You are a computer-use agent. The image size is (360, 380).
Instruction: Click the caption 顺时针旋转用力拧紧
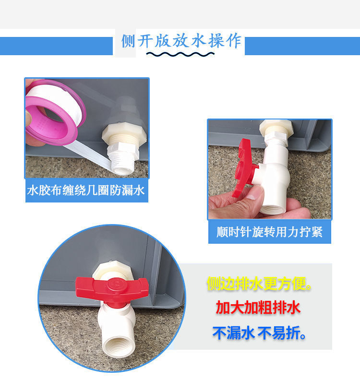point(269,232)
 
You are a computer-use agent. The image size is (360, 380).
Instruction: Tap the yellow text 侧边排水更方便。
point(259,285)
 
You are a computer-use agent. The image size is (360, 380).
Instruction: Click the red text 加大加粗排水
point(259,308)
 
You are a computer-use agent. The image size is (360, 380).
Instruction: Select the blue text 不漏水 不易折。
point(259,332)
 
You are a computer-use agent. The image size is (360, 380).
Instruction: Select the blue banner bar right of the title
point(302,46)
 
